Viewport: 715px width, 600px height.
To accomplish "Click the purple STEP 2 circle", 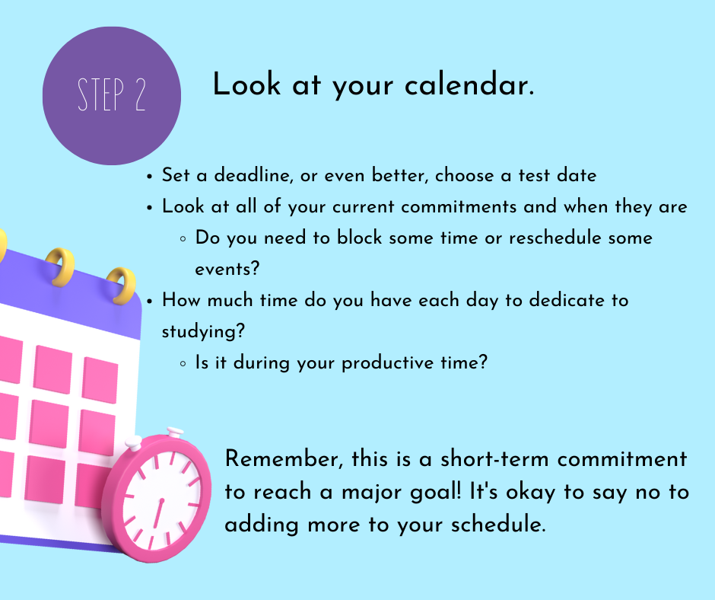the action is point(112,95).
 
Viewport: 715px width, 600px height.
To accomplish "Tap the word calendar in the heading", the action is point(469,85).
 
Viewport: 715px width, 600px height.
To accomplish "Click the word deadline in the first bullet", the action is point(253,175).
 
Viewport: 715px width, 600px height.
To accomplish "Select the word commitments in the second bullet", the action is point(458,206).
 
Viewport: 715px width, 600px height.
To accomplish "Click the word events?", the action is point(227,269).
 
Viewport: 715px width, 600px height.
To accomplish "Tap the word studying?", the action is point(203,331).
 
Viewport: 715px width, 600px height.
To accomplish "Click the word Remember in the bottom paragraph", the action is point(284,459).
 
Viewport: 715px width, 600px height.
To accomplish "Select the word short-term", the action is point(494,459).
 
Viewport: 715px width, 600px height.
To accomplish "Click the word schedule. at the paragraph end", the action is point(498,524).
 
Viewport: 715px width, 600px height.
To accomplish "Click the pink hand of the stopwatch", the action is point(157,513).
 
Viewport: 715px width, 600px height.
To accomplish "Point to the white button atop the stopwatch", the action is point(175,432).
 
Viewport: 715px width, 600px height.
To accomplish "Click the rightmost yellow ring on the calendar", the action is point(121,286).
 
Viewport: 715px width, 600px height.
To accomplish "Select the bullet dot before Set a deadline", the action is point(149,177).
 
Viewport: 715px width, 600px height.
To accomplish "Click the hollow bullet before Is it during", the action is point(183,364).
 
